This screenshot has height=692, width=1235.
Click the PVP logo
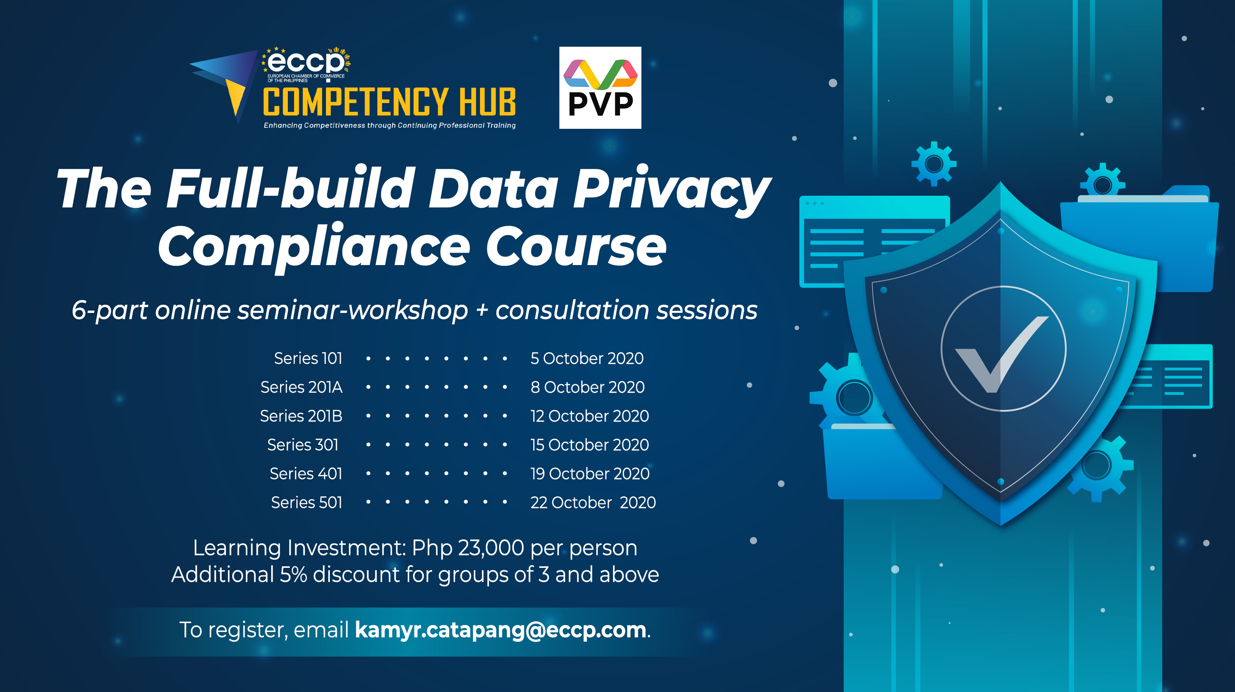600,88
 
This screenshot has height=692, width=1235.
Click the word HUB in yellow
487,102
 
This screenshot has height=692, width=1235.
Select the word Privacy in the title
671,190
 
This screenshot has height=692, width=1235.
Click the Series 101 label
308,358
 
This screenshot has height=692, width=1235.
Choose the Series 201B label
301,416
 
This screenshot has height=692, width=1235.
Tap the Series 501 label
307,502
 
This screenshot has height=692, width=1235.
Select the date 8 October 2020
588,387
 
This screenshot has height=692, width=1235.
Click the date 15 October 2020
590,444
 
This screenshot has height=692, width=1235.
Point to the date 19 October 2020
590,474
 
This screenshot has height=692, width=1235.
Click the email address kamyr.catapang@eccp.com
501,630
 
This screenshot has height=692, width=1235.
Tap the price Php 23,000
468,548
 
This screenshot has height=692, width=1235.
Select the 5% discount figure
293,574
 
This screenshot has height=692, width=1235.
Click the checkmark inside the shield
1000,354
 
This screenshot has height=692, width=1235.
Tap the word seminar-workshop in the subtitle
353,311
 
